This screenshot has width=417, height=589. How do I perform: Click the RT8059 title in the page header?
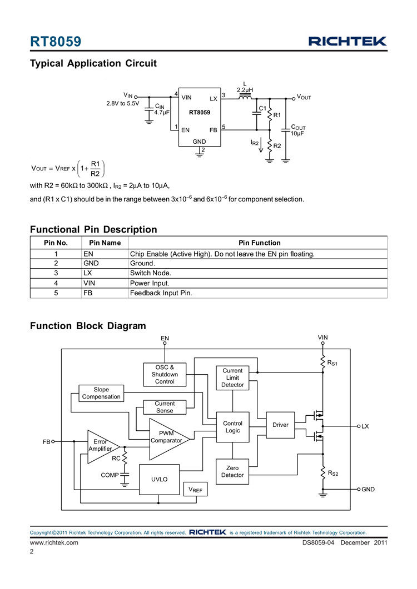tap(56, 42)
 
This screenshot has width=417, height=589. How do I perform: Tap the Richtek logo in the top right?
tap(348, 41)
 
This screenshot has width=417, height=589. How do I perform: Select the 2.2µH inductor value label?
tap(245, 89)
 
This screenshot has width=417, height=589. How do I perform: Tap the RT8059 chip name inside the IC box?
tap(200, 113)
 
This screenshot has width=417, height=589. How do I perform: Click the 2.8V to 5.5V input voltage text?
tap(122, 103)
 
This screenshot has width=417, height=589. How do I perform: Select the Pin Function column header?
tap(259, 243)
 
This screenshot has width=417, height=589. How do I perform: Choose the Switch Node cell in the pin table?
tap(151, 273)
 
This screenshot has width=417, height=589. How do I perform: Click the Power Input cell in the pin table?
tap(150, 283)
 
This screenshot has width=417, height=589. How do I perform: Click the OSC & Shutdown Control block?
tap(165, 374)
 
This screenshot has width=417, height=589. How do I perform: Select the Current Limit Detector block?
tap(232, 377)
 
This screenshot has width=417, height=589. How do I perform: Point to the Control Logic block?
tap(232, 427)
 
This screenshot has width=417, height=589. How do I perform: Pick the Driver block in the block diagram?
tap(280, 425)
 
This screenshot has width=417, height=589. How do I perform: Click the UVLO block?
tap(159, 479)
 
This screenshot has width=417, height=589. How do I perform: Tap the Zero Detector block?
tap(232, 471)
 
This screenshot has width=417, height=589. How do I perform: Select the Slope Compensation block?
tap(101, 393)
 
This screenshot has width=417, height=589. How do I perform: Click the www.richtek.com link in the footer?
tap(53, 542)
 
